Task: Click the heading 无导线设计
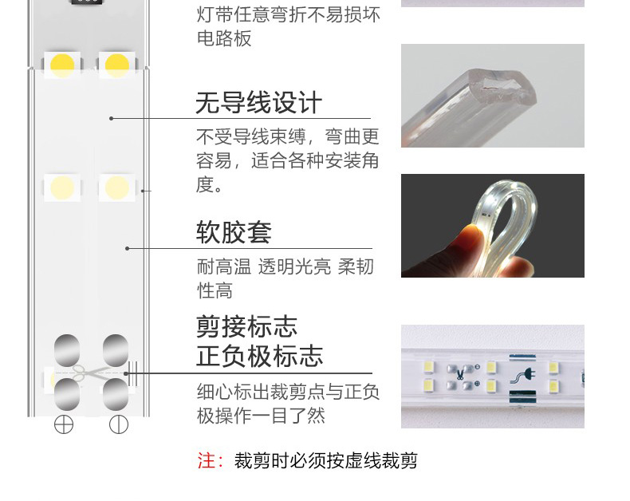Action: pyautogui.click(x=258, y=103)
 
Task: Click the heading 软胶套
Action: pyautogui.click(x=234, y=232)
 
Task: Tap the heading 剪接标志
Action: pyautogui.click(x=246, y=326)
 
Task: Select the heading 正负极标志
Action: pyautogui.click(x=259, y=356)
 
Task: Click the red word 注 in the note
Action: pyautogui.click(x=206, y=460)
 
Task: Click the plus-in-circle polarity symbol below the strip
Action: pyautogui.click(x=64, y=424)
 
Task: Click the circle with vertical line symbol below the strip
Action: pyautogui.click(x=119, y=424)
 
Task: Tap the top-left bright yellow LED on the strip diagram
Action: pyautogui.click(x=62, y=65)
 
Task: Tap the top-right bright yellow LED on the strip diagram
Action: pyautogui.click(x=117, y=65)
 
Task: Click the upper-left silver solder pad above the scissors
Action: pyautogui.click(x=67, y=350)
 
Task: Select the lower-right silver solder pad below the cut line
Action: pyautogui.click(x=116, y=394)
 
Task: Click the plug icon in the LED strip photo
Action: pyautogui.click(x=523, y=377)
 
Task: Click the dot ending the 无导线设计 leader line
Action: pyautogui.click(x=112, y=118)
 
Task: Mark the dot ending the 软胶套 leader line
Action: pyautogui.click(x=128, y=248)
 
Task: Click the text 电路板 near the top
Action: pyautogui.click(x=224, y=38)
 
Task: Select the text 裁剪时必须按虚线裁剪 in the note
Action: pyautogui.click(x=326, y=460)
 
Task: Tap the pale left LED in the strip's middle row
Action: pyautogui.click(x=62, y=187)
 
